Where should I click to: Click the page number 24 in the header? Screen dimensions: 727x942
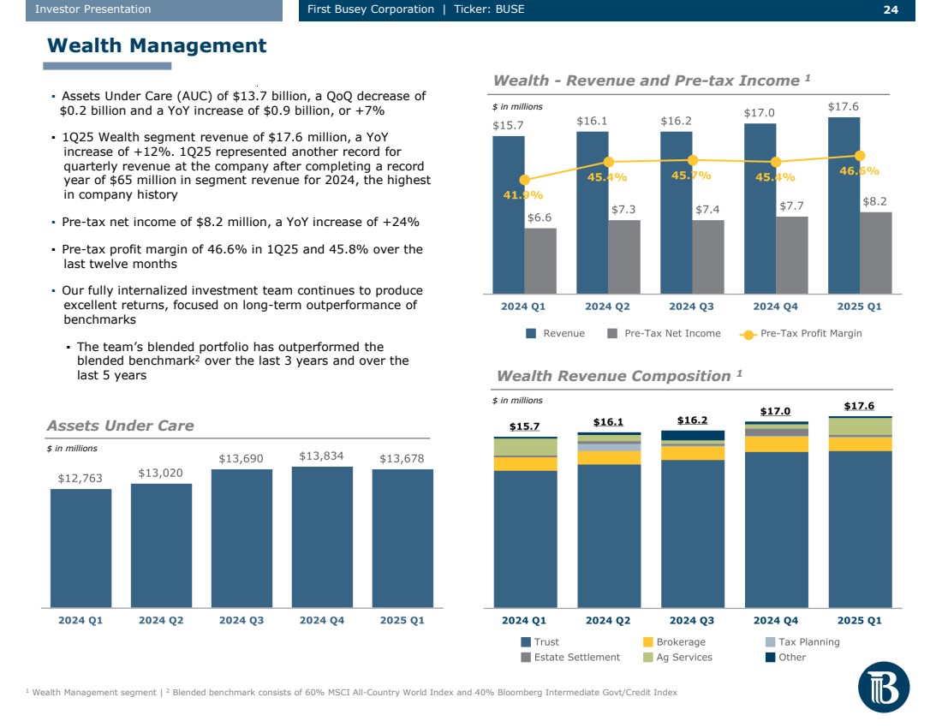click(x=891, y=9)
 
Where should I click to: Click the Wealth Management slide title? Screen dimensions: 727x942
click(x=157, y=45)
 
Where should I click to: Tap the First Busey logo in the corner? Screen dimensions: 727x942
click(x=883, y=687)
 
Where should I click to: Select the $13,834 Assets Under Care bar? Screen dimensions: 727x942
click(x=322, y=536)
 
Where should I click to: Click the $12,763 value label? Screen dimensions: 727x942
click(x=80, y=479)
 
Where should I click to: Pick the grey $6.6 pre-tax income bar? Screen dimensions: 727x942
click(x=540, y=260)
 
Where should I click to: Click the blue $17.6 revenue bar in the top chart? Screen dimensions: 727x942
click(x=844, y=206)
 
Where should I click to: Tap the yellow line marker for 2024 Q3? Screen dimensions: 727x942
click(x=693, y=160)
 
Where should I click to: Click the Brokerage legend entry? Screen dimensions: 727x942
click(x=674, y=642)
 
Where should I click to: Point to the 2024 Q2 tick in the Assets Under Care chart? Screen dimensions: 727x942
click(x=161, y=621)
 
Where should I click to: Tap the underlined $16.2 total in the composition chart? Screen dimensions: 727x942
click(x=692, y=420)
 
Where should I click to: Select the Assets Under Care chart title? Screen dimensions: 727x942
click(x=120, y=426)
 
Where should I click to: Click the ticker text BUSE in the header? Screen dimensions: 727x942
click(x=510, y=9)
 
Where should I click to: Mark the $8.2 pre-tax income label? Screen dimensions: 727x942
click(x=874, y=201)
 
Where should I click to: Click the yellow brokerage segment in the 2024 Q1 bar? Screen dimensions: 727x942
click(x=525, y=463)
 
